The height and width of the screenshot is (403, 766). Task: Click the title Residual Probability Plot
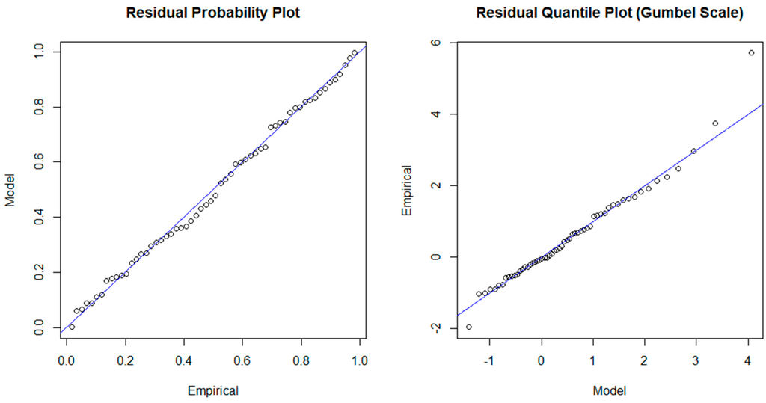coord(212,14)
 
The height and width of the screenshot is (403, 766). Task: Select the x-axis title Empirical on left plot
coord(212,390)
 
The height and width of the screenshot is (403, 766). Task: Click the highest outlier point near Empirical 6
coord(751,52)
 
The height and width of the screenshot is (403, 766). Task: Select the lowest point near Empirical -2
coord(468,327)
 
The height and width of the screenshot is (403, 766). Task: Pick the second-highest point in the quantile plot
coord(715,123)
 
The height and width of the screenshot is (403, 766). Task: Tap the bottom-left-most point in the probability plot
coord(72,327)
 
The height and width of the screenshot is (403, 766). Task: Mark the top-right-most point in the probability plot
coord(355,52)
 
